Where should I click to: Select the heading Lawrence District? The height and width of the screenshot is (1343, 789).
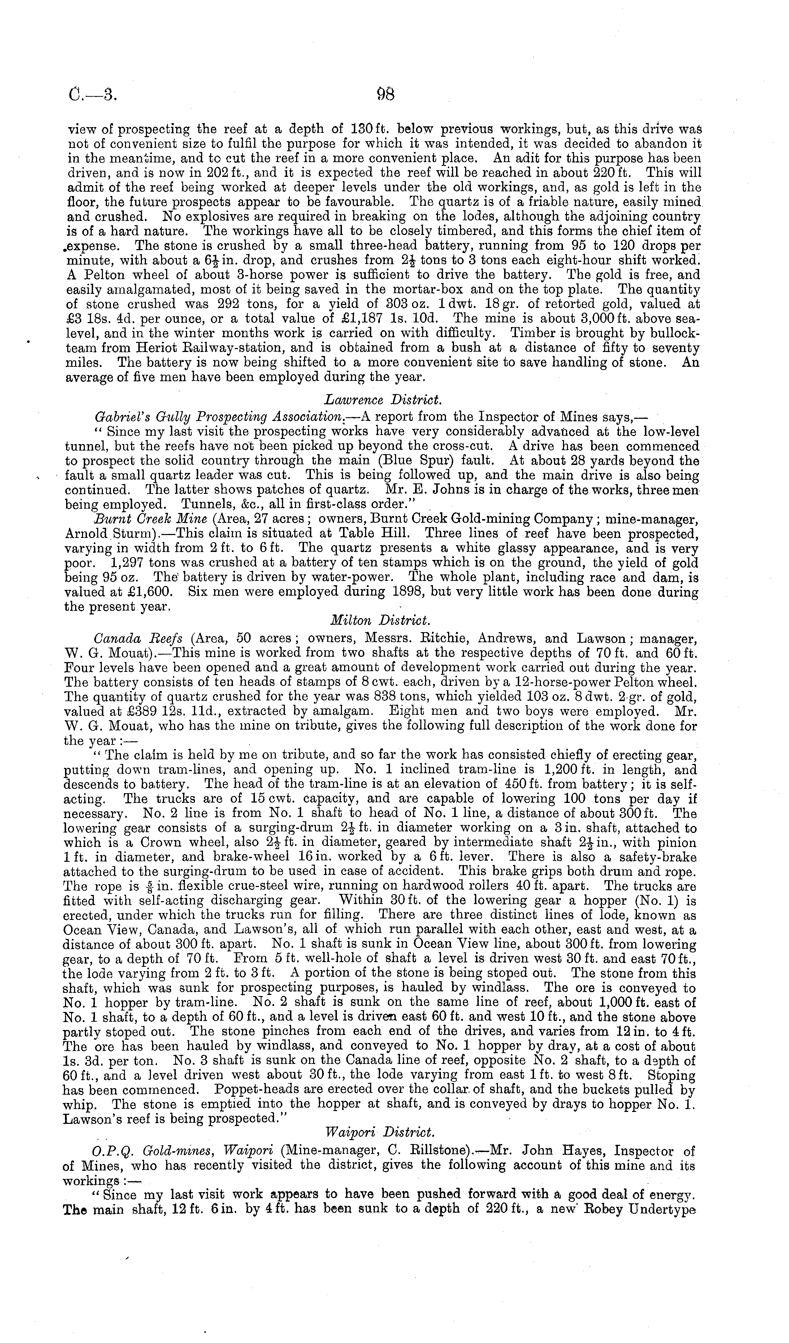coord(382,399)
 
